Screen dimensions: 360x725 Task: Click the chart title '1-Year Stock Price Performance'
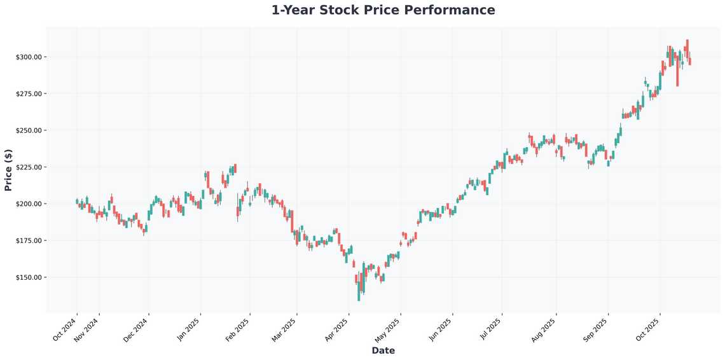[383, 10]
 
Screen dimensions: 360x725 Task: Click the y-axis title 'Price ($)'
[8, 170]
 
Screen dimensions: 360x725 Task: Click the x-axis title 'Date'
[383, 350]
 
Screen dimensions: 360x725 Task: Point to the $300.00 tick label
[29, 57]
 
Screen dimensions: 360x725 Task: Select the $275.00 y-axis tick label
[29, 94]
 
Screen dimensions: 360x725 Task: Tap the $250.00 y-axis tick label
[29, 130]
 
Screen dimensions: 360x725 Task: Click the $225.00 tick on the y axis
[29, 167]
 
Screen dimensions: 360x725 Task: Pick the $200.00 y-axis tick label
[29, 204]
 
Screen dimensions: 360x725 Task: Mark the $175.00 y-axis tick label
[29, 241]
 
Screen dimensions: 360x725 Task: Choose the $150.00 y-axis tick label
[29, 278]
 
